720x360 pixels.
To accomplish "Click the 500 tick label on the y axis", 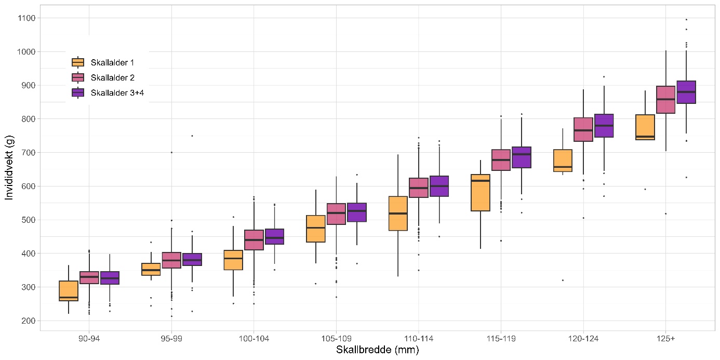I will pyautogui.click(x=28, y=220).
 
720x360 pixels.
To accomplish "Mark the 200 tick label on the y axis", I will pyautogui.click(x=28, y=321).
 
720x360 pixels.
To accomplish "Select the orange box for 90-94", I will pyautogui.click(x=69, y=291).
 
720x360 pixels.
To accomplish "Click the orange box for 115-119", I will pyautogui.click(x=480, y=193).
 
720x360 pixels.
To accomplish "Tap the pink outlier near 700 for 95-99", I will pyautogui.click(x=171, y=152).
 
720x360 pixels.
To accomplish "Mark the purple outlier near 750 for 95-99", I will pyautogui.click(x=192, y=136).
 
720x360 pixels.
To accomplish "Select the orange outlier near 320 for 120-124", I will pyautogui.click(x=563, y=280).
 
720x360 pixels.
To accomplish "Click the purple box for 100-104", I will pyautogui.click(x=274, y=236).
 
